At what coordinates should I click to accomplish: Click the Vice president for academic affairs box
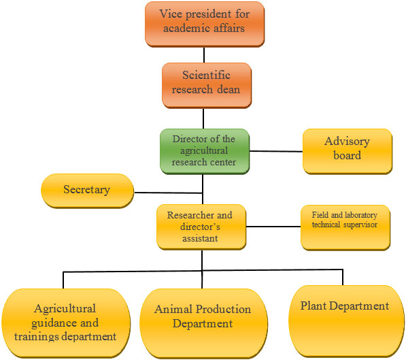coord(205,24)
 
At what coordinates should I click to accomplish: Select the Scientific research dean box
coord(207,85)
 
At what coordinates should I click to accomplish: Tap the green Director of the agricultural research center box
coord(205,151)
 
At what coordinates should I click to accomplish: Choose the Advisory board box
coord(348,151)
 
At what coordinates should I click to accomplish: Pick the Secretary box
coord(87,191)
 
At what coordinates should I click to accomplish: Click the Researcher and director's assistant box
coord(201,227)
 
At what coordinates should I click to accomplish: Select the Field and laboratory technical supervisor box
coord(345,227)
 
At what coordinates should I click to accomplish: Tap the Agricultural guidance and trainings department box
coord(66,323)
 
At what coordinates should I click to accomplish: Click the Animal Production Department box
coord(203,323)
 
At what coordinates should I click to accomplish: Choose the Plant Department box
coord(346,321)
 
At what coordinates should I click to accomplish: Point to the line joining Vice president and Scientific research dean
coord(204,55)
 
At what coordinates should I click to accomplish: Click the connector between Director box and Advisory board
coord(276,151)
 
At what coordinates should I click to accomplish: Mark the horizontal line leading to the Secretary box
coord(168,193)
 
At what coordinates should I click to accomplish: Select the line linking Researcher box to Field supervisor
coord(273,227)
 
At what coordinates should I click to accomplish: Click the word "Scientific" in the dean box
coord(206,75)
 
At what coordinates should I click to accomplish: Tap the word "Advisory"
coord(347,142)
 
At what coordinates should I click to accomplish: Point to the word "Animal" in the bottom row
coord(173,309)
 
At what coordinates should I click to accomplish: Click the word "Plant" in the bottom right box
coord(314,306)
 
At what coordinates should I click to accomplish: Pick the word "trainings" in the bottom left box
coord(37,337)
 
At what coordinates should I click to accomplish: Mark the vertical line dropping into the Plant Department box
coord(343,278)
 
